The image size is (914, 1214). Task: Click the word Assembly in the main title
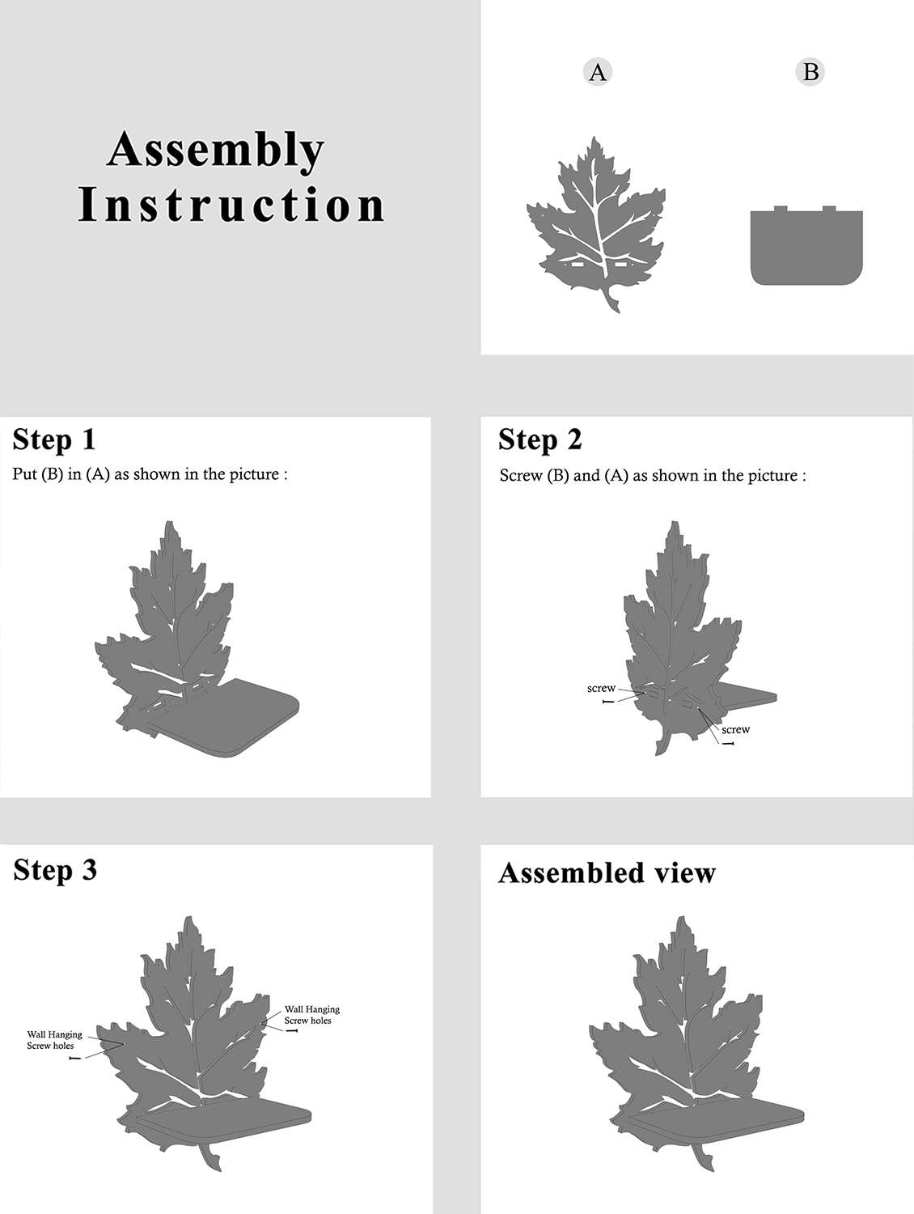click(x=215, y=151)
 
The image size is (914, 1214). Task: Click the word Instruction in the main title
click(x=231, y=205)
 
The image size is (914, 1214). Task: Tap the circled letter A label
click(x=598, y=72)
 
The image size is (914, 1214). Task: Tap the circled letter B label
click(x=810, y=72)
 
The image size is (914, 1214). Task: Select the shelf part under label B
click(x=806, y=246)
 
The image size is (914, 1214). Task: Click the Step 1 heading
click(x=54, y=440)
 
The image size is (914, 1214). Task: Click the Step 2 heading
click(x=540, y=440)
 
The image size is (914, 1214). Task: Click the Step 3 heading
click(x=55, y=869)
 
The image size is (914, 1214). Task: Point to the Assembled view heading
click(x=607, y=872)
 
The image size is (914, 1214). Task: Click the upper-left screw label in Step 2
click(x=601, y=688)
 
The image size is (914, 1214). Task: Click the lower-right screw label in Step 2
click(x=735, y=729)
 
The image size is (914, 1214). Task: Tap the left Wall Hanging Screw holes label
click(x=54, y=1040)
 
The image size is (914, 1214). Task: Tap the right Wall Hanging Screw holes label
click(x=312, y=1015)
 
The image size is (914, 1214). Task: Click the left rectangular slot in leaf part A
click(x=578, y=265)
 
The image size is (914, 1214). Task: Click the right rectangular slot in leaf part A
click(x=622, y=265)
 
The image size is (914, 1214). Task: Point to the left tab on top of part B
click(x=781, y=209)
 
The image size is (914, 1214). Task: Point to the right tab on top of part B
click(x=829, y=209)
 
